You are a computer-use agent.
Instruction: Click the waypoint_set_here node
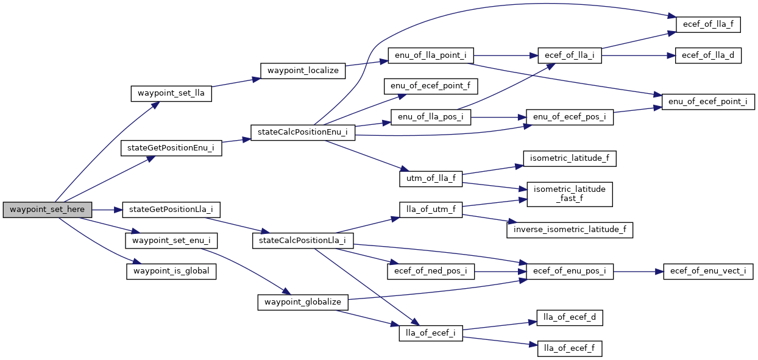48,210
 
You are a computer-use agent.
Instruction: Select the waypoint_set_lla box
171,94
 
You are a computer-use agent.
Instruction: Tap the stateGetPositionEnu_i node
171,148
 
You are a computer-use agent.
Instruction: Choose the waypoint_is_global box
171,271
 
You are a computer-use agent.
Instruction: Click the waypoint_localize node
303,70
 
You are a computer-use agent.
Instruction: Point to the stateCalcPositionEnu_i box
303,133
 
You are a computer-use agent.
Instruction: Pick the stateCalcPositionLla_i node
303,240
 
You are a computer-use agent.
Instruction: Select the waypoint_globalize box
303,302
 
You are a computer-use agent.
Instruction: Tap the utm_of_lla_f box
430,178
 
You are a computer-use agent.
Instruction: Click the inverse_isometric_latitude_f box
570,230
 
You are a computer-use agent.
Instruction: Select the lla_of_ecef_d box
570,317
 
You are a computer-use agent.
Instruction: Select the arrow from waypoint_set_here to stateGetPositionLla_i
107,210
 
